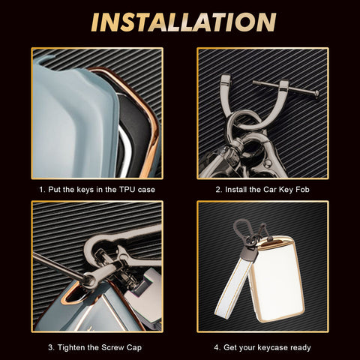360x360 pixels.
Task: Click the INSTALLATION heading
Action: tap(184, 22)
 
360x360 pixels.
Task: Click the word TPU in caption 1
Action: tap(127, 190)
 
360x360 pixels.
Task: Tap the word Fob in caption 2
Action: tap(302, 190)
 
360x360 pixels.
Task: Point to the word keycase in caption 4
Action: tap(272, 348)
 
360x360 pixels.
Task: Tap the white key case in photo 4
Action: tap(277, 279)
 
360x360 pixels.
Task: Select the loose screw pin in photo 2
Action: tap(286, 88)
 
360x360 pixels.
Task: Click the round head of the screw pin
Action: tap(316, 94)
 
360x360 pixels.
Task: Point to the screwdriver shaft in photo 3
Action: tap(58, 265)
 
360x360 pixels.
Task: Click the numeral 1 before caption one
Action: tap(42, 190)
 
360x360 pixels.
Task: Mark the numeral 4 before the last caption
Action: tap(217, 348)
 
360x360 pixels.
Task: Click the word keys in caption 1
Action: tap(85, 190)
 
